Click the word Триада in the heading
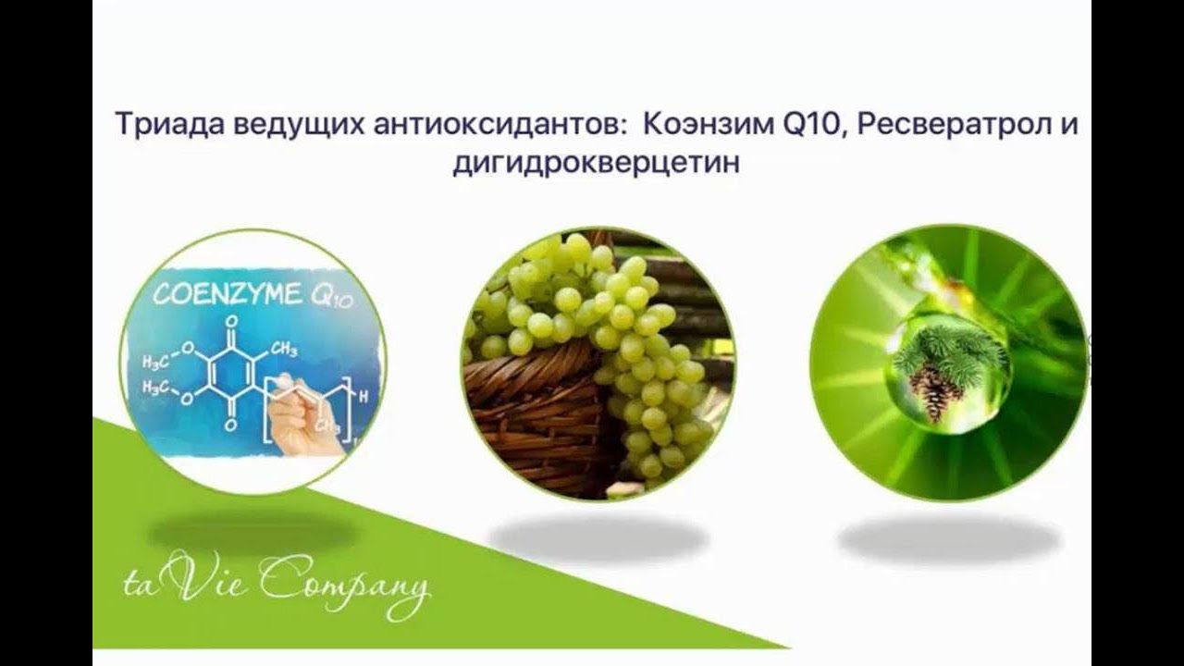coord(169,125)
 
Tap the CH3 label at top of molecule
coord(284,350)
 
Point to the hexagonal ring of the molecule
coord(230,374)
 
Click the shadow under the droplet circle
coord(949,539)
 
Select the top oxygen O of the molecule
coord(231,321)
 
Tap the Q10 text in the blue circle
coord(331,298)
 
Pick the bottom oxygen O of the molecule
coord(230,425)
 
